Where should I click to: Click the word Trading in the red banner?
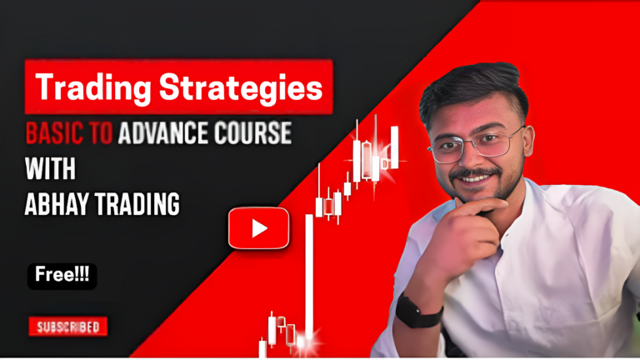click(93, 87)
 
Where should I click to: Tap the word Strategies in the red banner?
click(241, 87)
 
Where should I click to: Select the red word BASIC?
click(55, 133)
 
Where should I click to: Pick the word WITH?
click(50, 168)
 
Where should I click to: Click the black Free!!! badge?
click(62, 277)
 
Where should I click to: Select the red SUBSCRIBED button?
click(68, 327)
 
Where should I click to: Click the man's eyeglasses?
click(476, 144)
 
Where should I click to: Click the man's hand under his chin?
click(461, 241)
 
